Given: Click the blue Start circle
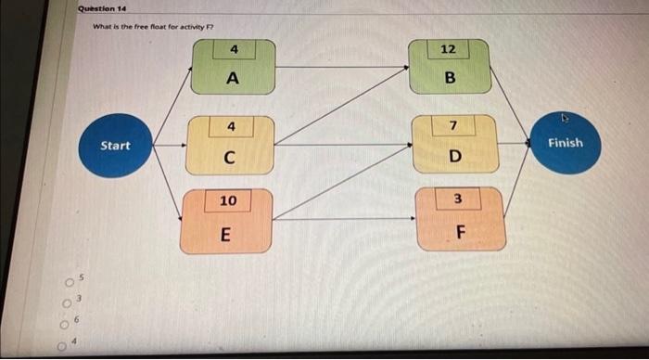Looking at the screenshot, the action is point(115,146).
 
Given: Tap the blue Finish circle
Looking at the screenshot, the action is point(565,143).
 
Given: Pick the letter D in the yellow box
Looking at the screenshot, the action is point(453,155).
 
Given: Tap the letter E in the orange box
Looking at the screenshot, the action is point(226,234).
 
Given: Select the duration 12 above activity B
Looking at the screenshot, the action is point(449,48).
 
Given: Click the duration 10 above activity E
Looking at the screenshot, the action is point(228,201).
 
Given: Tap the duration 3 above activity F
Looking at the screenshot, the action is point(457,199).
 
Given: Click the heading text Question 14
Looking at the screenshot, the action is point(103,8).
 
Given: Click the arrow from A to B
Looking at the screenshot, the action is point(343,67).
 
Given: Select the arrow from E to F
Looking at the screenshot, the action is point(343,219).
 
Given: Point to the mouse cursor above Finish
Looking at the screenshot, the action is point(565,118).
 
